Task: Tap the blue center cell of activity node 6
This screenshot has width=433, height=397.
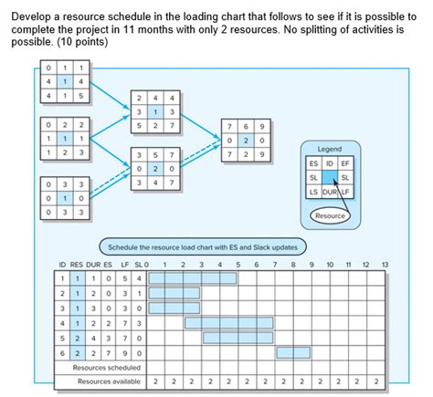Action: [246, 141]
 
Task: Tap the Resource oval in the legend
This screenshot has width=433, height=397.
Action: [331, 215]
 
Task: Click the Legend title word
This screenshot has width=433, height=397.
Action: [329, 149]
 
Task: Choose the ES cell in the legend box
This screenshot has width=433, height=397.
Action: [314, 162]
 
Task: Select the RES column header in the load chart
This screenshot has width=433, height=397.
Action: [79, 263]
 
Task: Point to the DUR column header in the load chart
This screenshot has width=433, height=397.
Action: [95, 263]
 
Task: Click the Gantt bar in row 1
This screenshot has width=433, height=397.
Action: [193, 277]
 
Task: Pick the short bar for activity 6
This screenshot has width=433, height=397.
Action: [292, 351]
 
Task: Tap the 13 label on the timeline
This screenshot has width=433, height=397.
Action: [385, 263]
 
